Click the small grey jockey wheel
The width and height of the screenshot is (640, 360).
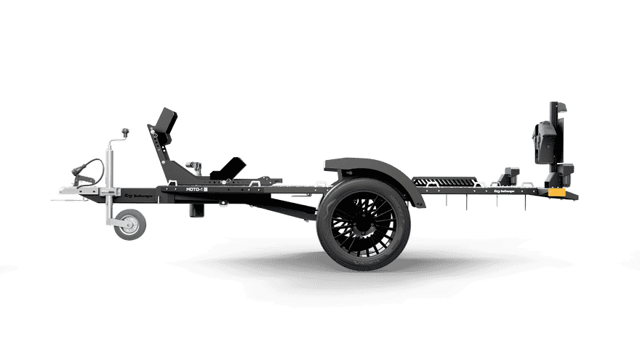coord(130,225)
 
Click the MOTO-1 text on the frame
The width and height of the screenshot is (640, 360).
coord(193,188)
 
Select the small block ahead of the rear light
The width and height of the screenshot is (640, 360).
coord(509,176)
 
